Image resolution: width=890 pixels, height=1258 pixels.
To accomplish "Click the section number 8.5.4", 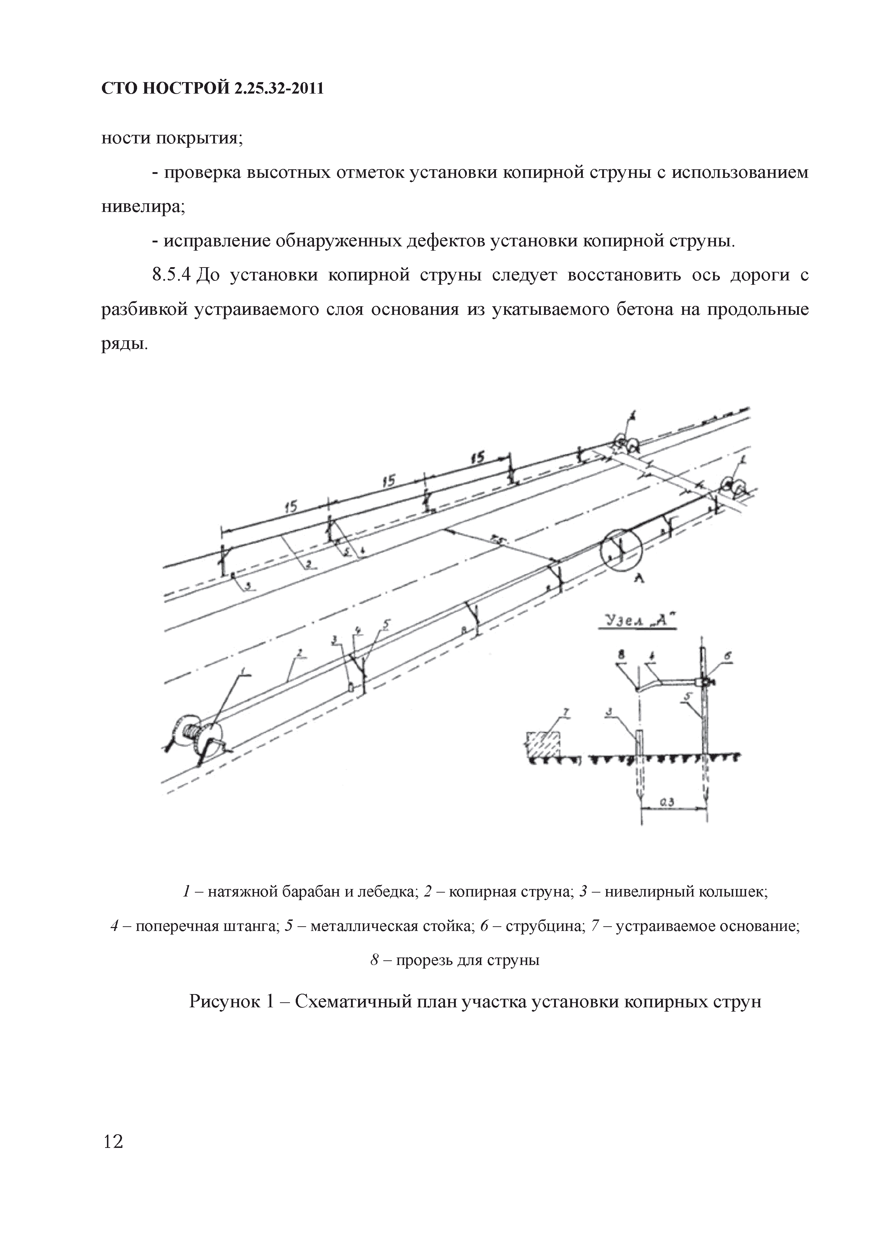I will [x=170, y=274].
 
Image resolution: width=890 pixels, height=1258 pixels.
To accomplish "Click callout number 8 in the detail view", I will [x=621, y=653].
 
